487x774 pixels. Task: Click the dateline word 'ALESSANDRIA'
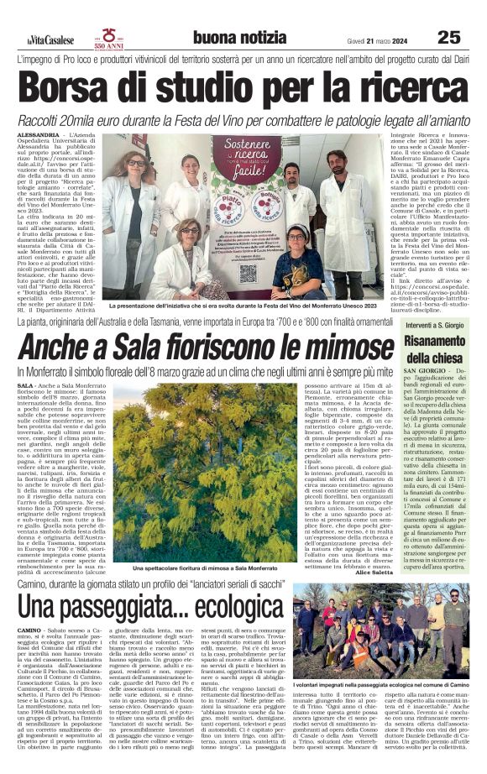(x=38, y=134)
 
